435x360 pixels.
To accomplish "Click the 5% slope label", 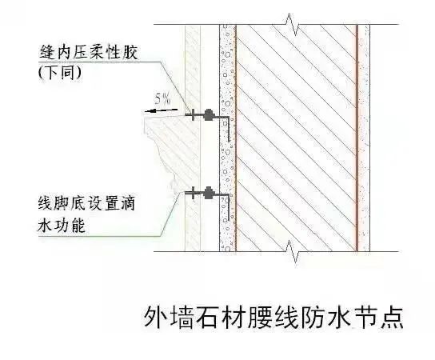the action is [162, 99].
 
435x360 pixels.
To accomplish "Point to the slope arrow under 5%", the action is [161, 110].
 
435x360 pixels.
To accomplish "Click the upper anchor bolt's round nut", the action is [208, 114].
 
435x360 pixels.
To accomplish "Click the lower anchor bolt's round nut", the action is [208, 193].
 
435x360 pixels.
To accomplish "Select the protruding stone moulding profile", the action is [172, 151].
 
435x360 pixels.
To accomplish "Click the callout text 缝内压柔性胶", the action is [89, 52].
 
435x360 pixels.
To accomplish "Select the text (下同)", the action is [60, 73].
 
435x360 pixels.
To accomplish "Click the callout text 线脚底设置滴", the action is [86, 203].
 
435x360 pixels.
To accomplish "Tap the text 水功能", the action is [62, 225].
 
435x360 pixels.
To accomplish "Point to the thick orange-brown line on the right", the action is [357, 138].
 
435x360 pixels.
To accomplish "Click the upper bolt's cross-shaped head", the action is [192, 114].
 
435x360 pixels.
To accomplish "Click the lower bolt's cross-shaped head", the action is [192, 193].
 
